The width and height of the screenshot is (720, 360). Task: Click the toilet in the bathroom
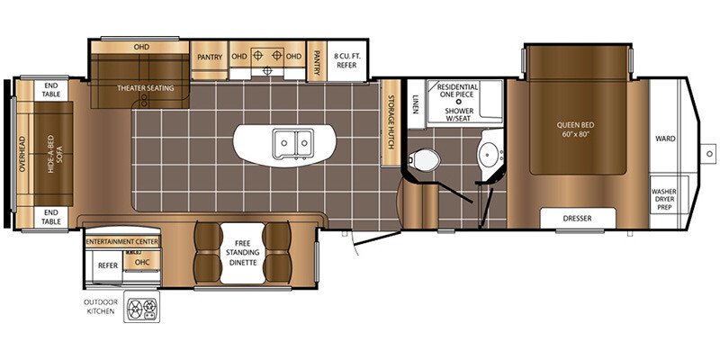[424, 160]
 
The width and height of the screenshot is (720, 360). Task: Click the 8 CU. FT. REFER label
[347, 61]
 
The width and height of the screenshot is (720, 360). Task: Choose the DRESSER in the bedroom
[577, 218]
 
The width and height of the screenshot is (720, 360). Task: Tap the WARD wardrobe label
[665, 139]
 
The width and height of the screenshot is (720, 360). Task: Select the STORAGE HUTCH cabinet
[391, 122]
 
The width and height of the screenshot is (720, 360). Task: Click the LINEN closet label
[416, 104]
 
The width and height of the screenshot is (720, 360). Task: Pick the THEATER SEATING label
[146, 87]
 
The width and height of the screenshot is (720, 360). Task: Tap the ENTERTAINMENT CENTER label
[122, 241]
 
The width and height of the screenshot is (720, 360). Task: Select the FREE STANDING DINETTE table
[242, 254]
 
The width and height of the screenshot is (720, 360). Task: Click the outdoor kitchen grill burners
[141, 306]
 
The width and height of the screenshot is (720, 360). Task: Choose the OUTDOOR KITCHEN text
[101, 306]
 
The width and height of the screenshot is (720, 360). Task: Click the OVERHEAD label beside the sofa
[22, 154]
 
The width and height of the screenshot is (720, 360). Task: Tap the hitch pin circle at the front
[709, 153]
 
